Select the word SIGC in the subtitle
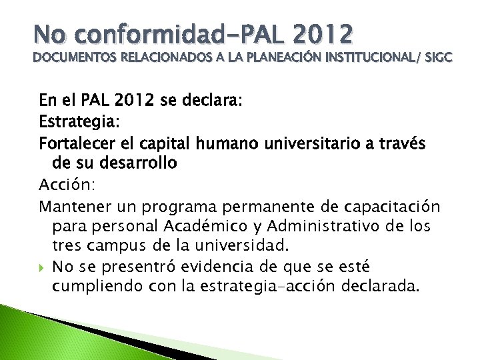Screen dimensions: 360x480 437,59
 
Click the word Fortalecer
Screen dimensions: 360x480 76,143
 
